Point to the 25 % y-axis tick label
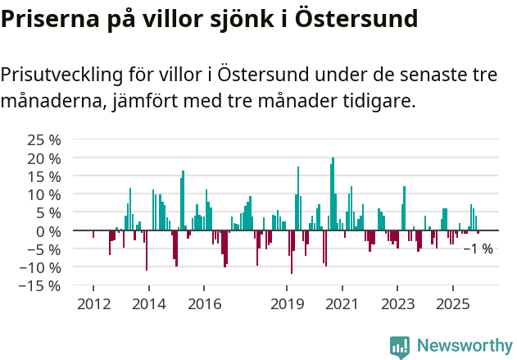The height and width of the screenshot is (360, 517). (44, 139)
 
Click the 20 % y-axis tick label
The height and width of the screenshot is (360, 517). (44, 157)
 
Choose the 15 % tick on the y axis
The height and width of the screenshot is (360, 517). (44, 176)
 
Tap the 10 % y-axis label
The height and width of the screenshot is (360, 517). (44, 194)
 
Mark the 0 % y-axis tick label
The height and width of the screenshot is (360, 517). (48, 230)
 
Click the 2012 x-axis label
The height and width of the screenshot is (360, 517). (93, 304)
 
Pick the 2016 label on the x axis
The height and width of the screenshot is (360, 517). (204, 304)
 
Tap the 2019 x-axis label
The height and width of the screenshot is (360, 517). (287, 304)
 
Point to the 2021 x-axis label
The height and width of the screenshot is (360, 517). (342, 304)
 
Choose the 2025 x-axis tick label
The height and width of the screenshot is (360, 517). (453, 304)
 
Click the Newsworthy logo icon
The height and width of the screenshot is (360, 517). (400, 347)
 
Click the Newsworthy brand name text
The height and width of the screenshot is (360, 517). (464, 346)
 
